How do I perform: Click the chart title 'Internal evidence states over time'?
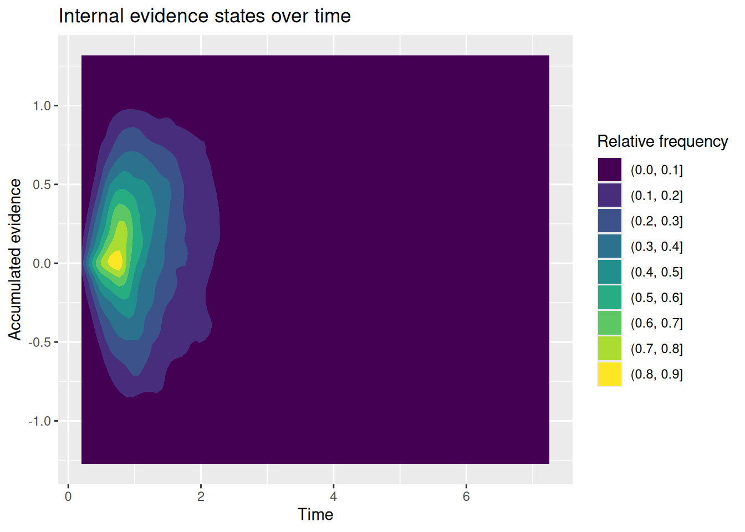(205, 16)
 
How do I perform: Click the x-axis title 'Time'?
(315, 514)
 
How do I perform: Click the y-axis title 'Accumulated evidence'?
(14, 259)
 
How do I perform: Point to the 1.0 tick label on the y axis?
(42, 106)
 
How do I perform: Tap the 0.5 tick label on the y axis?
(42, 185)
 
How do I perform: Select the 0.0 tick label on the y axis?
(42, 263)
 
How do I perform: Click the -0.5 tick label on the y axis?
(39, 342)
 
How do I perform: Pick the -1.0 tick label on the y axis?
(39, 421)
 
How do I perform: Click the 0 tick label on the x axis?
(68, 497)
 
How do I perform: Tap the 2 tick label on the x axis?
(201, 497)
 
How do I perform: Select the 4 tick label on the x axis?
(334, 497)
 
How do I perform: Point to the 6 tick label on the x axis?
(466, 497)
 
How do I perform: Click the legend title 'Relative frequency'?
(662, 142)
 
